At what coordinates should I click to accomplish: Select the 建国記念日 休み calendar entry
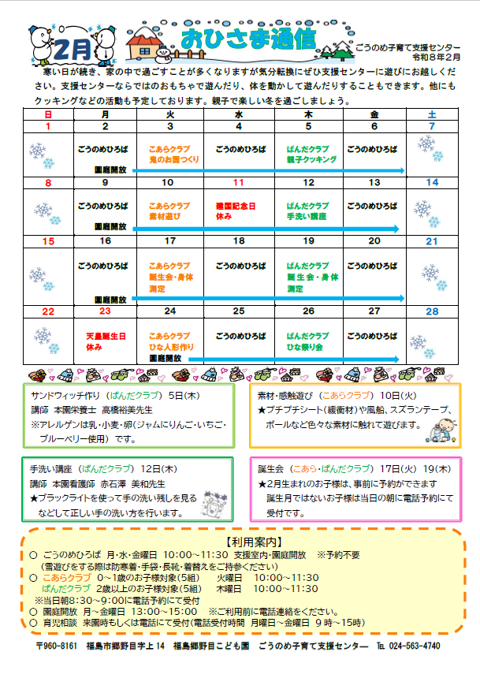(236, 210)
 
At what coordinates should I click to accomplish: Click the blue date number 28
(431, 311)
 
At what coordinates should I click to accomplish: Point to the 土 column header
(431, 114)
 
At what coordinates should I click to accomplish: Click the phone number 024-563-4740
(415, 646)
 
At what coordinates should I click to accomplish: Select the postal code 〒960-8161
(57, 646)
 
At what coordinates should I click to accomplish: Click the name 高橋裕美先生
(127, 410)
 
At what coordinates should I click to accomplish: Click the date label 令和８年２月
(426, 59)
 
